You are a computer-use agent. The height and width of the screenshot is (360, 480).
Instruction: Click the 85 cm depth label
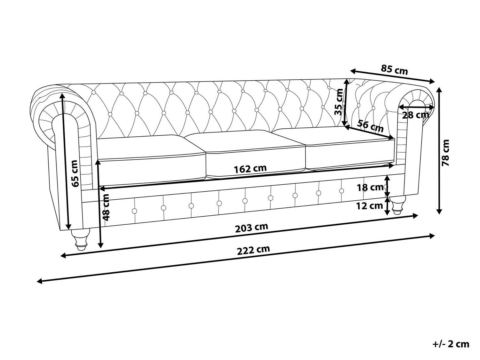pyautogui.click(x=394, y=69)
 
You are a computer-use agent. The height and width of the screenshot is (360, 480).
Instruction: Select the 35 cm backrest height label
pyautogui.click(x=339, y=102)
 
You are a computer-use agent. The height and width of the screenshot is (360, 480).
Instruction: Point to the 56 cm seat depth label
pyautogui.click(x=370, y=126)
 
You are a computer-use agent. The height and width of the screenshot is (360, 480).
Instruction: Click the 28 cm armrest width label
pyautogui.click(x=416, y=115)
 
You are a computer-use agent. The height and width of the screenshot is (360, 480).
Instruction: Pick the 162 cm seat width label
pyautogui.click(x=250, y=169)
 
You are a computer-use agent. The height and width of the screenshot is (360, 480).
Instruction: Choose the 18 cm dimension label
pyautogui.click(x=370, y=187)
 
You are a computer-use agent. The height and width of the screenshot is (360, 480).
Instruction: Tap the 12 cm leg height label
pyautogui.click(x=370, y=206)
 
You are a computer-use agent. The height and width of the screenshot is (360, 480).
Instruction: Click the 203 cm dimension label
pyautogui.click(x=252, y=228)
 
